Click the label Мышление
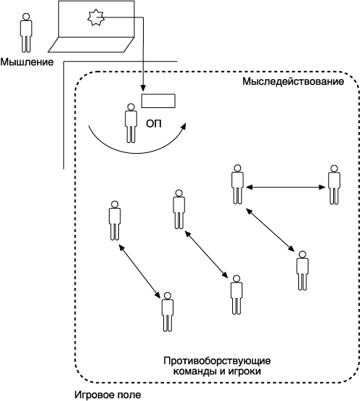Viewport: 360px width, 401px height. pyautogui.click(x=27, y=62)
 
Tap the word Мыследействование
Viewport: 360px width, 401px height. pyautogui.click(x=293, y=82)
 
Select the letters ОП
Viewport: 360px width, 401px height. pyautogui.click(x=154, y=124)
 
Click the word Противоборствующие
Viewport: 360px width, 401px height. pyautogui.click(x=217, y=361)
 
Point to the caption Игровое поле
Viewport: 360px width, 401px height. pyautogui.click(x=107, y=394)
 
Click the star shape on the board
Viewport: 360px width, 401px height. pyautogui.click(x=96, y=17)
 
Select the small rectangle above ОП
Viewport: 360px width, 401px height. pyautogui.click(x=158, y=101)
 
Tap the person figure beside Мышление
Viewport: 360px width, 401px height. pyautogui.click(x=26, y=33)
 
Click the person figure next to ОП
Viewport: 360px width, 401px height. pyautogui.click(x=131, y=123)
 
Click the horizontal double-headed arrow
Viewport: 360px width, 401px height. pyautogui.click(x=285, y=187)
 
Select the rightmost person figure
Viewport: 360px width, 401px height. pyautogui.click(x=334, y=184)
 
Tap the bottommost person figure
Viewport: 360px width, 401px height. pyautogui.click(x=168, y=312)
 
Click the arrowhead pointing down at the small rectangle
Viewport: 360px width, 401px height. pyautogui.click(x=143, y=88)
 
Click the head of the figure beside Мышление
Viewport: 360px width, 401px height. pyautogui.click(x=26, y=17)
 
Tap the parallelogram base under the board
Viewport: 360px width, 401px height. pyautogui.click(x=91, y=45)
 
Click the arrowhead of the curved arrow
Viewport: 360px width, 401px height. pyautogui.click(x=184, y=126)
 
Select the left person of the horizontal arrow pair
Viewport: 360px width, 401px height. pyautogui.click(x=237, y=184)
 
